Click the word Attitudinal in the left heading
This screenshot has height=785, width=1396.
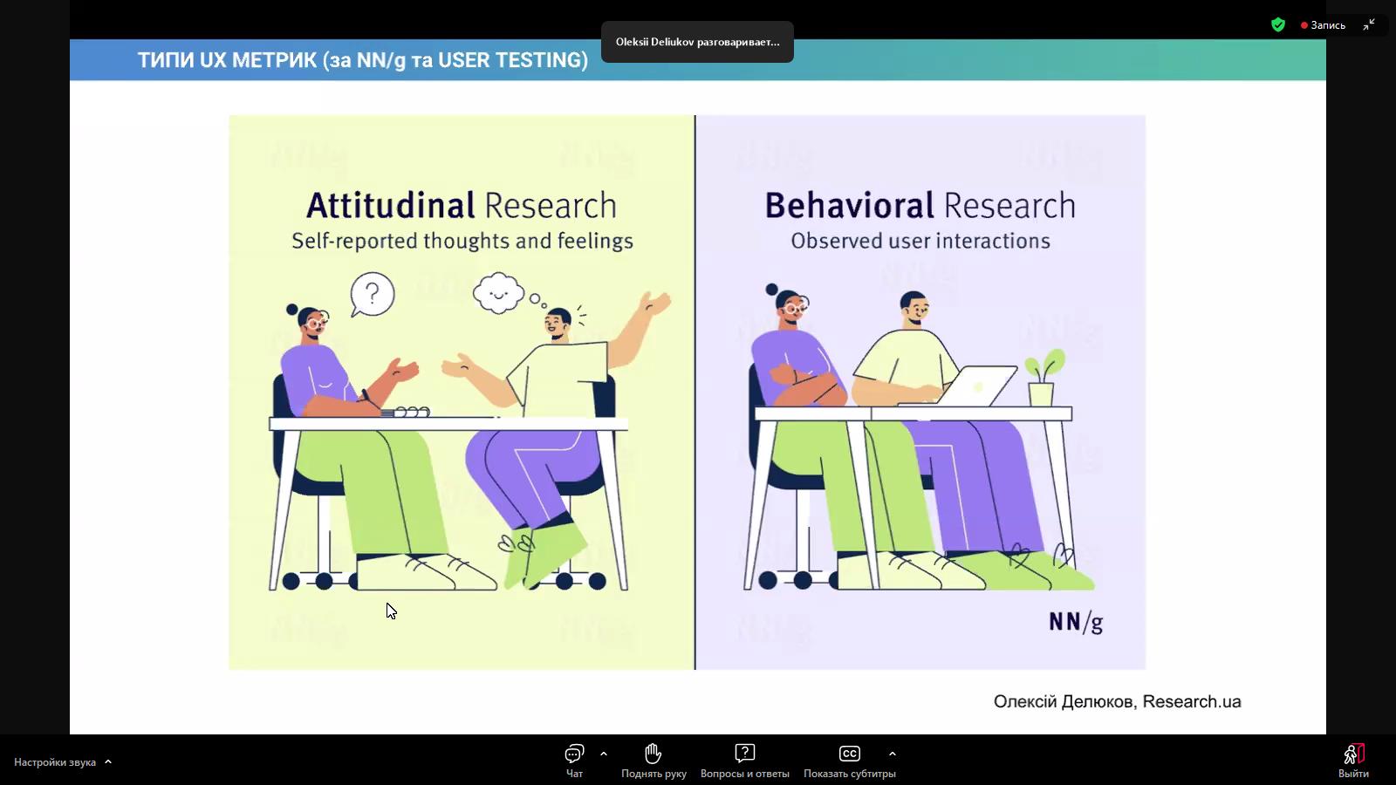coord(391,206)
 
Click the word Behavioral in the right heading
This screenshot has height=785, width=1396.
coord(850,206)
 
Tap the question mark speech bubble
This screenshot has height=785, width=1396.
coord(372,295)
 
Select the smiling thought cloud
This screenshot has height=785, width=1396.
coord(498,292)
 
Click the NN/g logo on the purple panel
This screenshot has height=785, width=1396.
coord(1077,623)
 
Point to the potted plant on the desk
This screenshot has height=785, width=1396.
coord(1044,379)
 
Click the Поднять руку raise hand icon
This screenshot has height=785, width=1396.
coord(654,754)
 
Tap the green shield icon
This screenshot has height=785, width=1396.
coord(1278,25)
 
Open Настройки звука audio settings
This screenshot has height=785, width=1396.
coord(62,762)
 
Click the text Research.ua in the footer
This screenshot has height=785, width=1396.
coord(1192,701)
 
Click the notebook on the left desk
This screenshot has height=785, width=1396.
coord(406,413)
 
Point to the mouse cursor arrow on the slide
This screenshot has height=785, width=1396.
coord(391,611)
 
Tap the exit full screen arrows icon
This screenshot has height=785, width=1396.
coord(1369,25)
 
